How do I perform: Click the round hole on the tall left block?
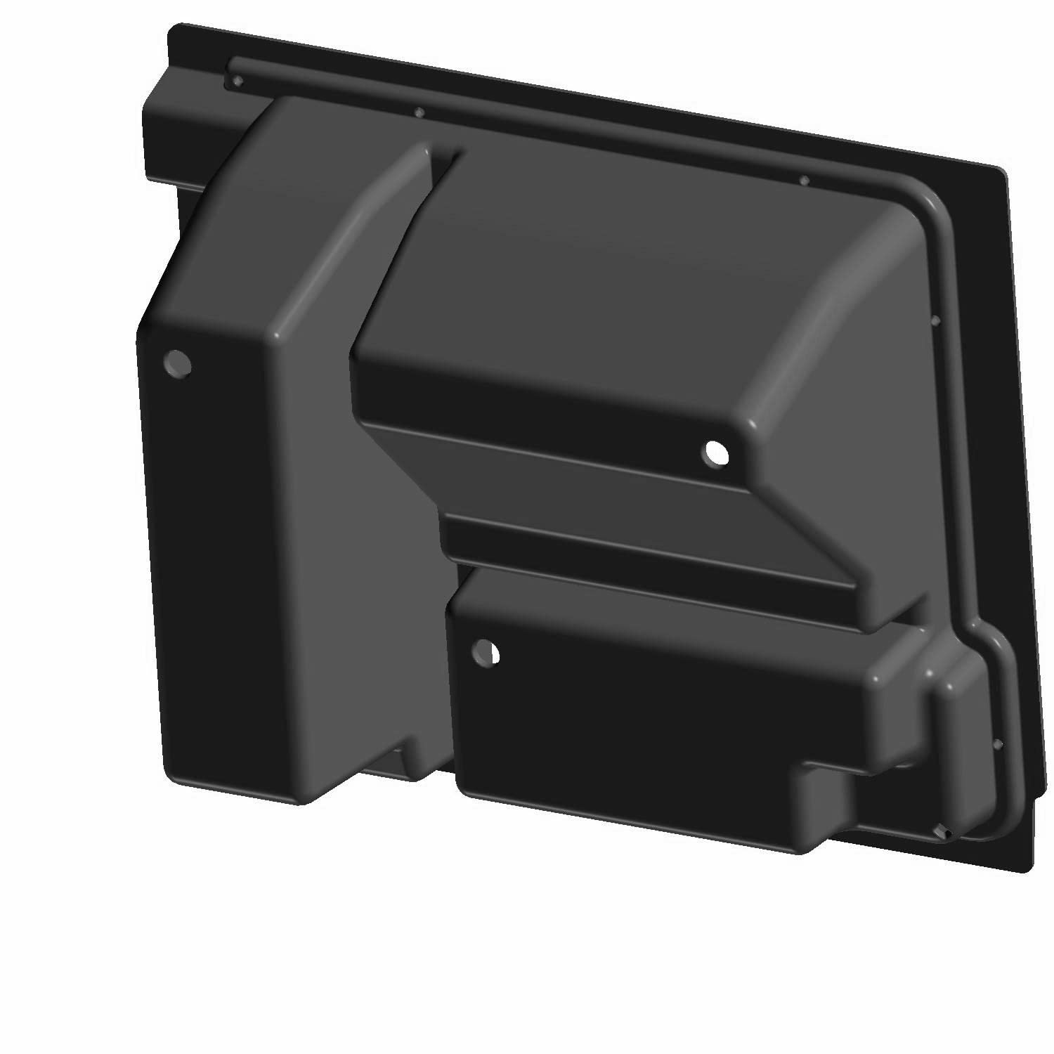177,363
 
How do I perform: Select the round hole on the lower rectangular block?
486,652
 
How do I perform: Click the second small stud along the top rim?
419,112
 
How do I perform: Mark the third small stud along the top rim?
805,181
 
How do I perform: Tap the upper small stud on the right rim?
935,320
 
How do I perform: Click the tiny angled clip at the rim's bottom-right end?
944,833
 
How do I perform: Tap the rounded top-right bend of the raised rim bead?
931,204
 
